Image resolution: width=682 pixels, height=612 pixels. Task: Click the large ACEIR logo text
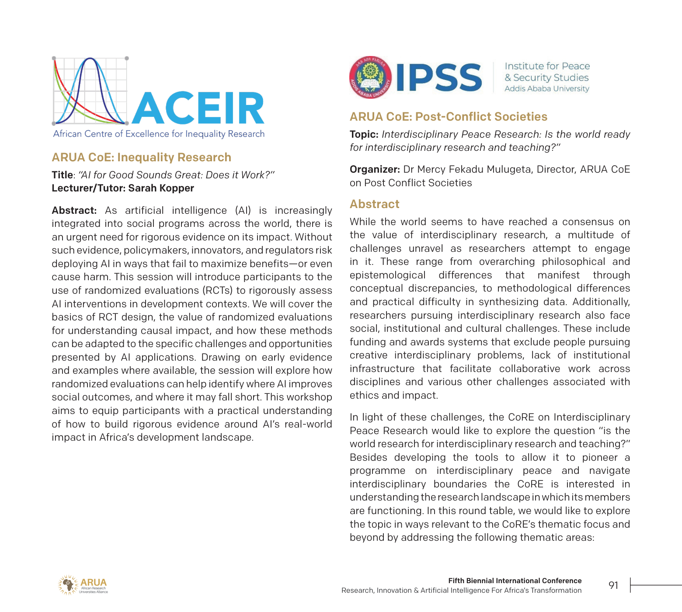click(198, 108)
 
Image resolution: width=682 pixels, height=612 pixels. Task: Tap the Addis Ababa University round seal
click(370, 77)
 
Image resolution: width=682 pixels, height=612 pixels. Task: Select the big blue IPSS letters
click(439, 78)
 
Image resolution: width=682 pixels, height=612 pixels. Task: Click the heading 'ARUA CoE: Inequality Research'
click(141, 157)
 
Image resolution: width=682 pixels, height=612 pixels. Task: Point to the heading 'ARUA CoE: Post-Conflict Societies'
click(448, 117)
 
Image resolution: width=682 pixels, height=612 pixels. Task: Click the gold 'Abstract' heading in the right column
click(374, 204)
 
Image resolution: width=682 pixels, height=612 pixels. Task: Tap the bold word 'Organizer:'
click(375, 170)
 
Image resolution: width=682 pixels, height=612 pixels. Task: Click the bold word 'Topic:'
click(364, 135)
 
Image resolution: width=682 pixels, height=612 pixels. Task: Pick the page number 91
click(613, 585)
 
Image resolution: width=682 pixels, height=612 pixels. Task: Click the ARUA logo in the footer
click(83, 585)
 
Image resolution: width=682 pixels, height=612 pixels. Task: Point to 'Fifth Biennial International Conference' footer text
click(515, 581)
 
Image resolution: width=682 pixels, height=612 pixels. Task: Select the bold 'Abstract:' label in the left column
click(74, 211)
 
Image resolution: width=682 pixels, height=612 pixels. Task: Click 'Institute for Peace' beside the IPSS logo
click(547, 66)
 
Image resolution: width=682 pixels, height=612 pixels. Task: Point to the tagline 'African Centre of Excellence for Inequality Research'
click(159, 134)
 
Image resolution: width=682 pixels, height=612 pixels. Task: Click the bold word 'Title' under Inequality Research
click(62, 175)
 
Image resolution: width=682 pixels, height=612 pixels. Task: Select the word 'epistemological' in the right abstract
click(387, 275)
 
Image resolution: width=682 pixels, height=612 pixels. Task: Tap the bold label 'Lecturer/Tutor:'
click(88, 188)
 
